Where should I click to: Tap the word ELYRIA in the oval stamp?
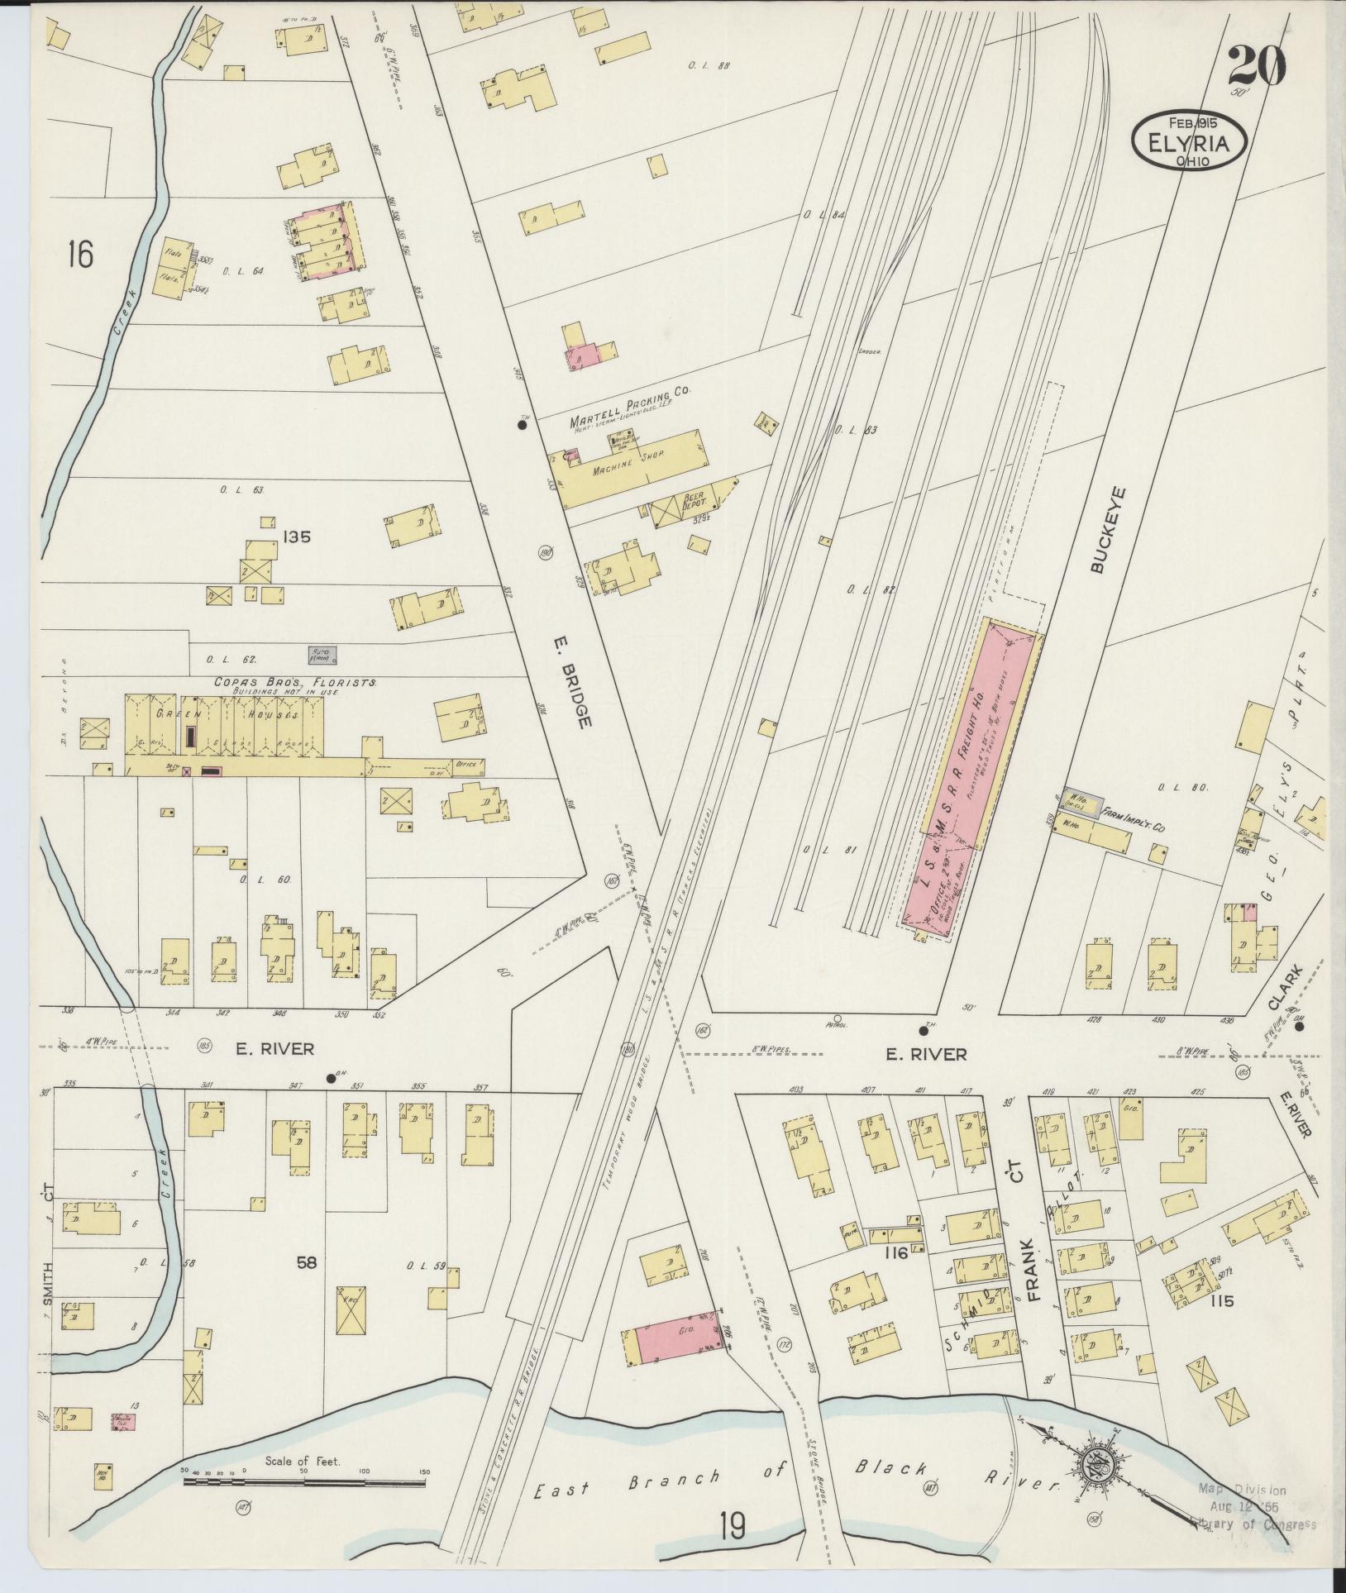pos(1187,143)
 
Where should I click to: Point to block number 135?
pos(295,537)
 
